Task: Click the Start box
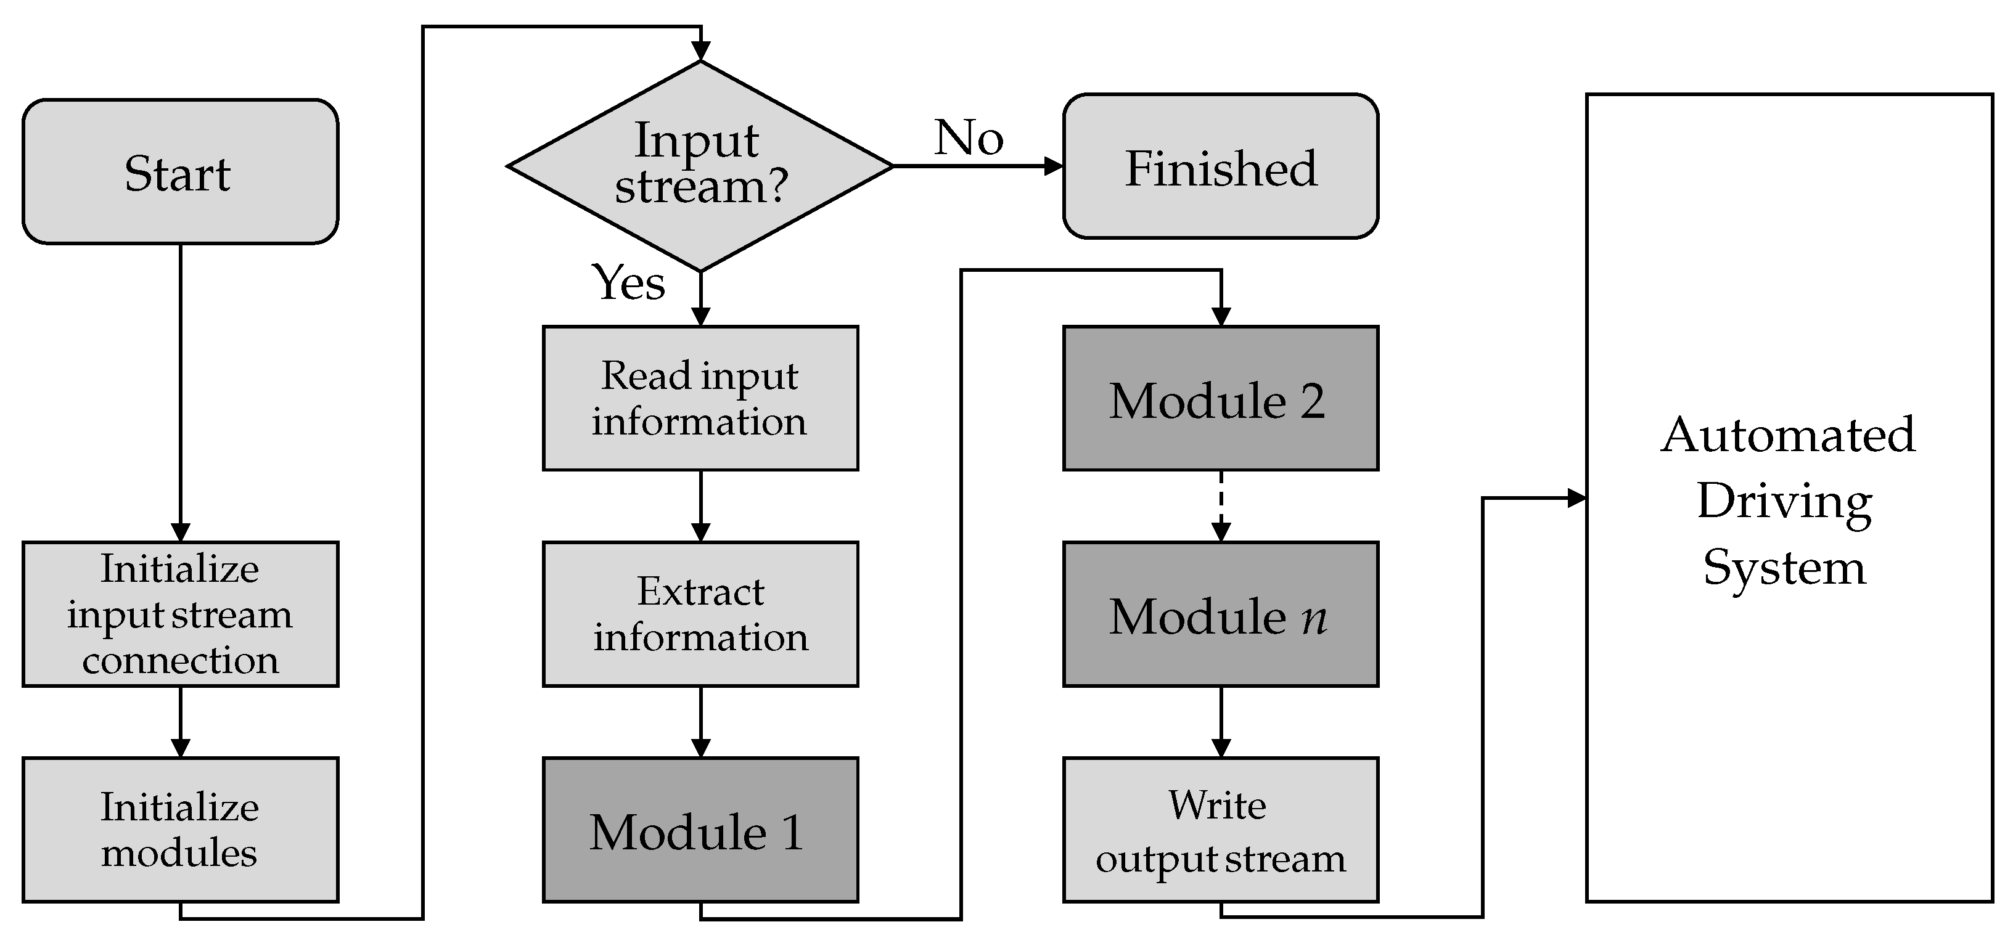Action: [x=180, y=172]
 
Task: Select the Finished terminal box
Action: [x=1220, y=166]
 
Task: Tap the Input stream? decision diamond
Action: [x=700, y=166]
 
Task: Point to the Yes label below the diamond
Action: [x=628, y=282]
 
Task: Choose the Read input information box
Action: [x=700, y=398]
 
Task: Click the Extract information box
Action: [x=700, y=614]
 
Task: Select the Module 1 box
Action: [x=700, y=830]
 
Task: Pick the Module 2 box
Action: [x=1220, y=398]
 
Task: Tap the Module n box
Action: [x=1220, y=614]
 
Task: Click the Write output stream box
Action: [x=1220, y=830]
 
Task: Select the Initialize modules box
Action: [x=180, y=830]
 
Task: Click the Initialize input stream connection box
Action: [x=180, y=614]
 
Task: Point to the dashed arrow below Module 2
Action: [x=1221, y=504]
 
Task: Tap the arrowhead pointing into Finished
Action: [x=1054, y=166]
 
